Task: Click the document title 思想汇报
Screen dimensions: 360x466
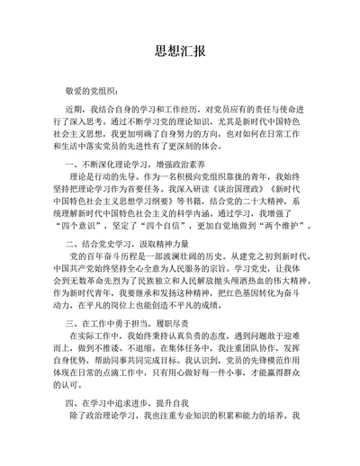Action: pos(179,51)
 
